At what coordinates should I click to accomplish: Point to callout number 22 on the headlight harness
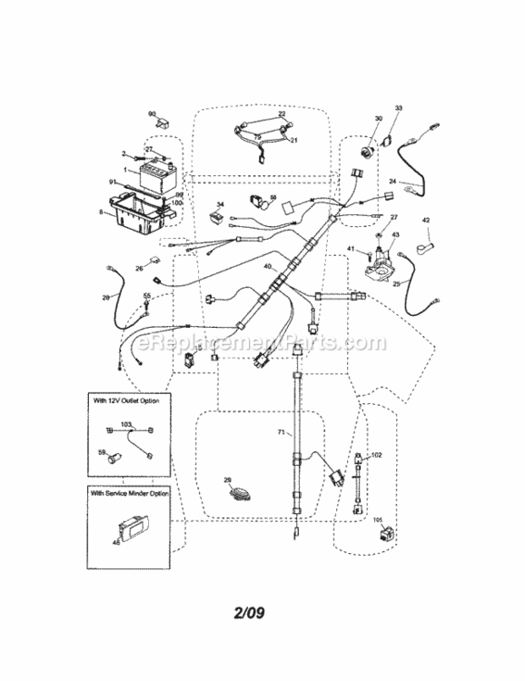[282, 114]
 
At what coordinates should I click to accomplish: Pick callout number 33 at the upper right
[397, 109]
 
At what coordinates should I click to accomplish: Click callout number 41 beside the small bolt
[350, 249]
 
